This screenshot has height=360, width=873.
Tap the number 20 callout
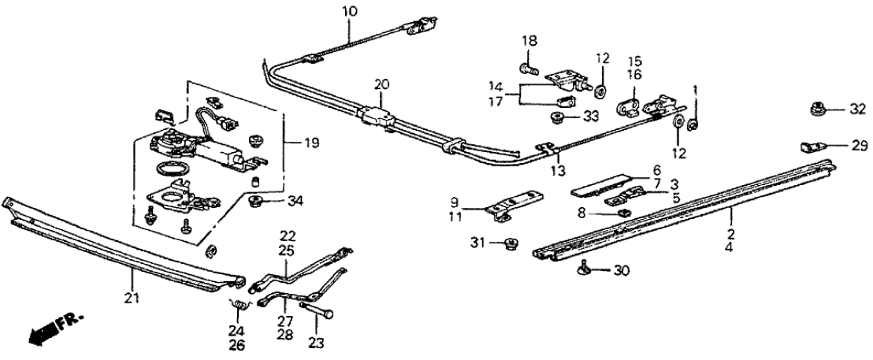pyautogui.click(x=382, y=84)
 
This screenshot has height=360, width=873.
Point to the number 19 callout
pyautogui.click(x=292, y=143)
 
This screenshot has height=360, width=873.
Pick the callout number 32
pyautogui.click(x=858, y=109)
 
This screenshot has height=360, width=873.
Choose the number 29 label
pyautogui.click(x=858, y=146)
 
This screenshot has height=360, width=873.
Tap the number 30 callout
pyautogui.click(x=622, y=270)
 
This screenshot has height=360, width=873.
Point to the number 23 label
pyautogui.click(x=316, y=343)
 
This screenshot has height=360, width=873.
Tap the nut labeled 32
pyautogui.click(x=818, y=109)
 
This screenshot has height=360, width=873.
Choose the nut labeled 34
pyautogui.click(x=256, y=203)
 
